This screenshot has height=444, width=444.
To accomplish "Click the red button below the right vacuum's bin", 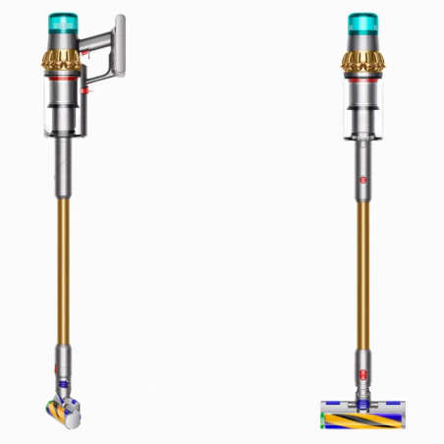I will (x=360, y=181).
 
